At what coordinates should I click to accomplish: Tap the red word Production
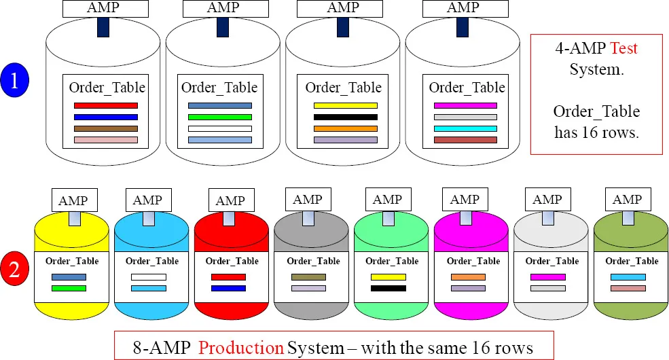(x=241, y=348)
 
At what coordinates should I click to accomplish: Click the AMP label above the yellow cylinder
(x=73, y=200)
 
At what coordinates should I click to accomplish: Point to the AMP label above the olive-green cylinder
(x=626, y=200)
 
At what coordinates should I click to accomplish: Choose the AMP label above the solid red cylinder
(x=230, y=201)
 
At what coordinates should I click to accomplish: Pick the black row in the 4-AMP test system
(x=345, y=117)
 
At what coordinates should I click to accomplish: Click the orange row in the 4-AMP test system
(x=345, y=128)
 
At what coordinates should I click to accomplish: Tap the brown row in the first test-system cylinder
(x=105, y=128)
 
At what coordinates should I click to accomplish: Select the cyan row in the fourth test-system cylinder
(x=465, y=128)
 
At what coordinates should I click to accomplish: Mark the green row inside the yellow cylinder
(x=69, y=289)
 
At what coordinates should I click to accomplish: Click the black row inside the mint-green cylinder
(x=388, y=289)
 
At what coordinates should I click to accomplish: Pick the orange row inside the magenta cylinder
(x=468, y=277)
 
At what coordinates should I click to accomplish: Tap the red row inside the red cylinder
(x=228, y=277)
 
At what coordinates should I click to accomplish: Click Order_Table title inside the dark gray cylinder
(x=313, y=261)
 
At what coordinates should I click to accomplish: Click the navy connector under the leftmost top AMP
(x=103, y=27)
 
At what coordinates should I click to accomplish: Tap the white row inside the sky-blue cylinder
(x=148, y=277)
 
